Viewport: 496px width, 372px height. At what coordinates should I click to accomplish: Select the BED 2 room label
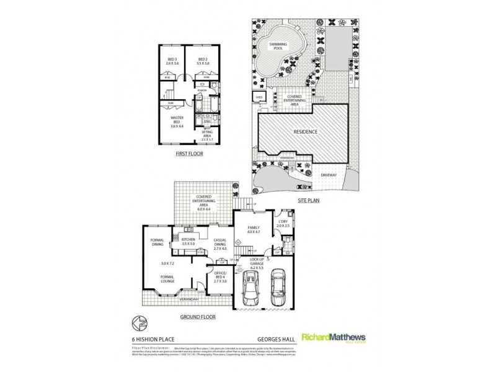[x=201, y=60]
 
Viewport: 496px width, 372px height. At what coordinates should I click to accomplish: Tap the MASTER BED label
[x=177, y=120]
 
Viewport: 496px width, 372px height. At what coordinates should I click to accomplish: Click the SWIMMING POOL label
[x=277, y=47]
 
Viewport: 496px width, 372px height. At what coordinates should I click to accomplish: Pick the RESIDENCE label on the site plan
[x=305, y=131]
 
